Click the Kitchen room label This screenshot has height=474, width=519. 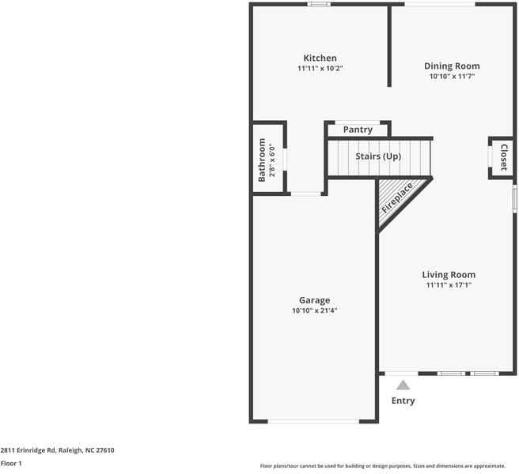320,58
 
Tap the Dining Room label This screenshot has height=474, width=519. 451,66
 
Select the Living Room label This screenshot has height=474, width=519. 448,275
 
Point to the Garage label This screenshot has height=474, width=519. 314,300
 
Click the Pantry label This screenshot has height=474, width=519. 358,130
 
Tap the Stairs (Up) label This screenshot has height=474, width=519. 378,156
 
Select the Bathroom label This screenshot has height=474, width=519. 262,160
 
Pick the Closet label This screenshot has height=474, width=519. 502,157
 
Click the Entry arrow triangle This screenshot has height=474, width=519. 403,386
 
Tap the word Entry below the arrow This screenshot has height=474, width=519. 403,401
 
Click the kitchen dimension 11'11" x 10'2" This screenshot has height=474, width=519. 320,69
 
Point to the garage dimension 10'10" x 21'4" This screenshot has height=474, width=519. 314,311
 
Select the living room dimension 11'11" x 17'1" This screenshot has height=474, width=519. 448,285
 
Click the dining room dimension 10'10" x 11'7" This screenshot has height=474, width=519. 451,77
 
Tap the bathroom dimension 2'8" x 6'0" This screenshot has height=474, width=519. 271,160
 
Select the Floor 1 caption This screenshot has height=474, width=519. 11,464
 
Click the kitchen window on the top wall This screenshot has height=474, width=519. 320,5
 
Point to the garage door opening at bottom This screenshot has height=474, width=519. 314,421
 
